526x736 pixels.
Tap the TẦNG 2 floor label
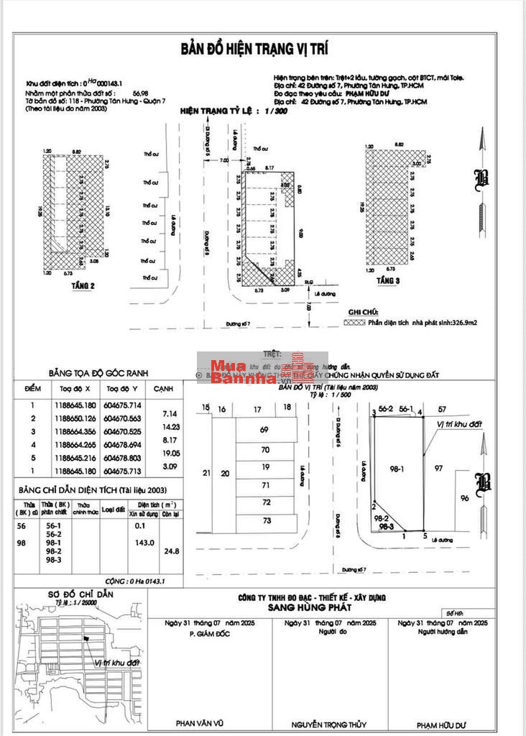(83, 285)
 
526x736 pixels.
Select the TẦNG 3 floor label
(387, 280)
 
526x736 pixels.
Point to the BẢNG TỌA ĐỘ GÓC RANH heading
(96, 374)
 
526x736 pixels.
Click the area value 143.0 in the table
(145, 543)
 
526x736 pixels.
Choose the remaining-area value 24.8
(171, 551)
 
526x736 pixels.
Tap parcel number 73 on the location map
(266, 520)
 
